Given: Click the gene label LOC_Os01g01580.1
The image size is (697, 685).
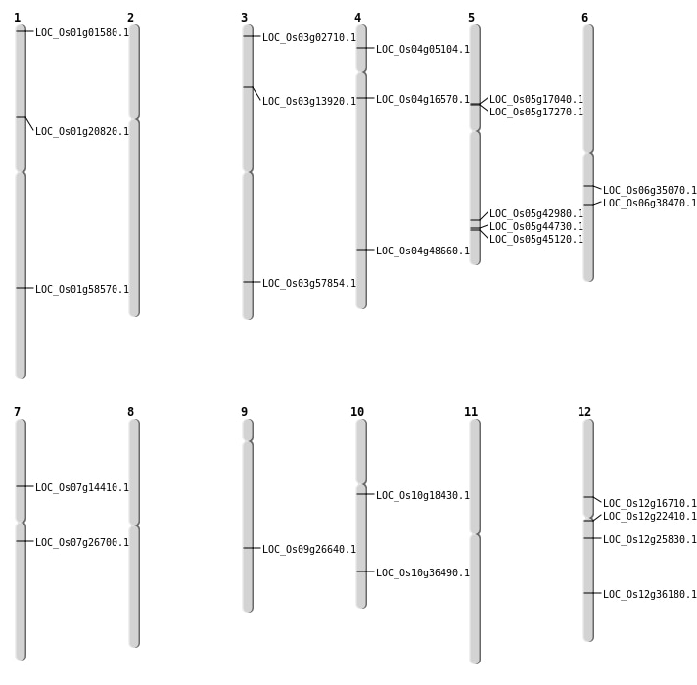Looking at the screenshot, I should (82, 33).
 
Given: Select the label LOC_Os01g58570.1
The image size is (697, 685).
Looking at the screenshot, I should (82, 290).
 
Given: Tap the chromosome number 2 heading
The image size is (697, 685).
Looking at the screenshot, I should (130, 18).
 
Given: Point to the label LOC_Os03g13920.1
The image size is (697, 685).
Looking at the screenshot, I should (309, 102).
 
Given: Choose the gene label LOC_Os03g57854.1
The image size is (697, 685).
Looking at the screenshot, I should (309, 284).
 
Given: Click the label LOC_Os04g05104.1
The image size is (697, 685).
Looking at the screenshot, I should (423, 50).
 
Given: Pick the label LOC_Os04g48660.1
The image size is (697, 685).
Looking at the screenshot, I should (423, 251).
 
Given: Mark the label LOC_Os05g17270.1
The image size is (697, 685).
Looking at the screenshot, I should (536, 113).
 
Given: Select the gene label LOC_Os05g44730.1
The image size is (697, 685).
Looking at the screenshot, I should (536, 227).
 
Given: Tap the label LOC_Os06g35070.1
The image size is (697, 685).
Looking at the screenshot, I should (650, 191).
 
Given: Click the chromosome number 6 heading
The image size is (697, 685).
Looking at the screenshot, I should (584, 18).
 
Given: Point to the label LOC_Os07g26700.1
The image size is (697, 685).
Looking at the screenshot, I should (82, 543).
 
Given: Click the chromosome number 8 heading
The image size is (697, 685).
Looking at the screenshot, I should (130, 412).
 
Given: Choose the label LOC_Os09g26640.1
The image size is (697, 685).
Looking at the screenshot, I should (309, 550).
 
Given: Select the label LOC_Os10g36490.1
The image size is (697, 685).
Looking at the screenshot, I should (423, 573).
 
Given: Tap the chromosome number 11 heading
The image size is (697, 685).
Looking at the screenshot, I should (471, 412).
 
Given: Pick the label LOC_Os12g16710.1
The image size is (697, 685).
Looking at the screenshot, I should (650, 504).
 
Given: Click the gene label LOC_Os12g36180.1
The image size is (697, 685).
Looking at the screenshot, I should (650, 595).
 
